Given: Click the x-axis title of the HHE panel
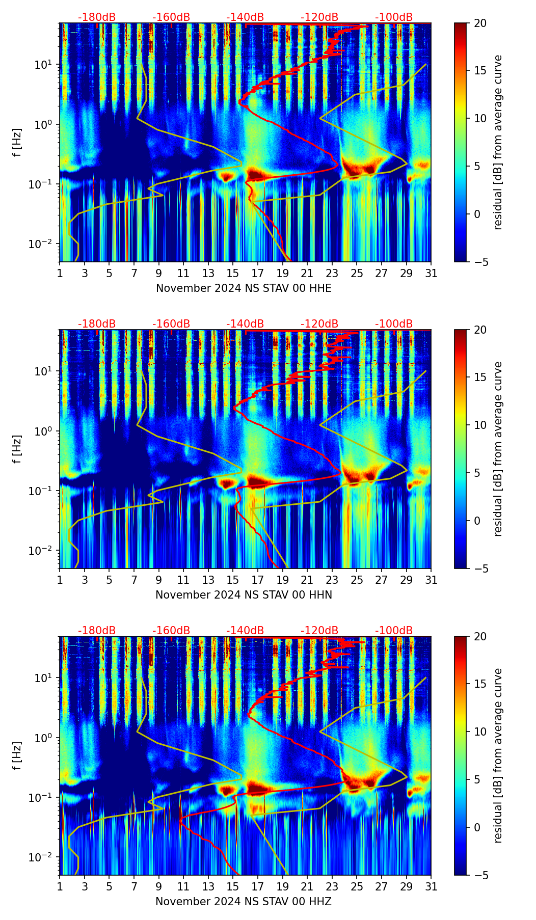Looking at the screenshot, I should coord(244,288).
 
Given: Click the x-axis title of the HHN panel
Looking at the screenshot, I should coord(244,595).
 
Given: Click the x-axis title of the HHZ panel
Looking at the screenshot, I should coord(244,902).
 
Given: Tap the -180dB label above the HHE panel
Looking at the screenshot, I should coord(97,17).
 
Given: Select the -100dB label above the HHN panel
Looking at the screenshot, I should coord(394,324).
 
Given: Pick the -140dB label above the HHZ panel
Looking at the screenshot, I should coord(245,631).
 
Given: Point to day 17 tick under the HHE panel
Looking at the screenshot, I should coord(258,273).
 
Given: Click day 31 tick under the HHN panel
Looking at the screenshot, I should coord(431,580).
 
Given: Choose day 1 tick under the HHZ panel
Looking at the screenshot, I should coord(60,886).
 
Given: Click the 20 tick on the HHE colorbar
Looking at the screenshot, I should coord(479,23).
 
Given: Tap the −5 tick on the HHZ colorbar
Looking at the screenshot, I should coord(478,875).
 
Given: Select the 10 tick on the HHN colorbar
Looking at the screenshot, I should coord(479,425).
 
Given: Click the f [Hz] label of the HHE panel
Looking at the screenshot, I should coord(17,143).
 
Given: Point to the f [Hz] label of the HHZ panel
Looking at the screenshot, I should coord(17,756).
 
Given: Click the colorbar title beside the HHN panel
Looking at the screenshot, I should coord(498,449).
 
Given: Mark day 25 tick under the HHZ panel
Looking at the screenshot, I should coord(357,886).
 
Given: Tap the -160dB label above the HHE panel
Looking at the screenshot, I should coord(171,17).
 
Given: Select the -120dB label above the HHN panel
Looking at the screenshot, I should coord(319,324).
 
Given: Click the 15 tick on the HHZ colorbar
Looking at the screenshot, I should coord(479,684).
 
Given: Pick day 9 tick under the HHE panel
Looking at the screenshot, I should coord(159,273).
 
